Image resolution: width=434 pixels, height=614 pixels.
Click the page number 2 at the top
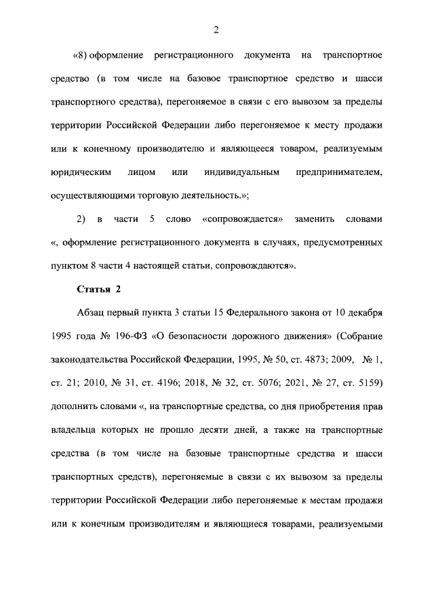(x=215, y=29)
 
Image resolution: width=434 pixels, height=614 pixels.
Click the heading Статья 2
(x=99, y=290)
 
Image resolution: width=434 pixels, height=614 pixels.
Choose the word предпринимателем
(x=339, y=172)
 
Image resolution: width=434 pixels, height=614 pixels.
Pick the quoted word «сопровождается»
(x=241, y=220)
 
